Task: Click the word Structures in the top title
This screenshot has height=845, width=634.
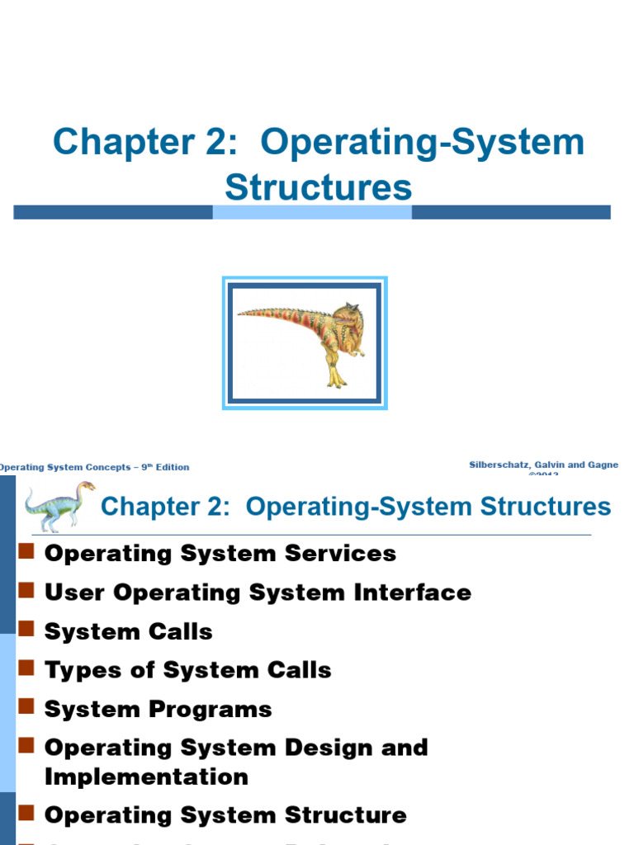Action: pos(318,186)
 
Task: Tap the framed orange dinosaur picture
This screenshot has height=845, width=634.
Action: pos(305,343)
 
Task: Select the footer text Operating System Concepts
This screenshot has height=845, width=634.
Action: pos(65,467)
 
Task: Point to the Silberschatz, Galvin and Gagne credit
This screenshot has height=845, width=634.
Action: pos(543,465)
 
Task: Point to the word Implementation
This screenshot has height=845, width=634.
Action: pos(146,777)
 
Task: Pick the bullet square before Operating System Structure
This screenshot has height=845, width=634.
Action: pos(26,813)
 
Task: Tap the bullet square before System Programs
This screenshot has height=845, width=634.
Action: pos(26,706)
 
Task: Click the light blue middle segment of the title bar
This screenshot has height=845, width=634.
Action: pos(312,212)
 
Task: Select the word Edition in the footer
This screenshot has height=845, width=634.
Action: pos(173,467)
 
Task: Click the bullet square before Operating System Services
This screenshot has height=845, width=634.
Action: pos(26,550)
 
